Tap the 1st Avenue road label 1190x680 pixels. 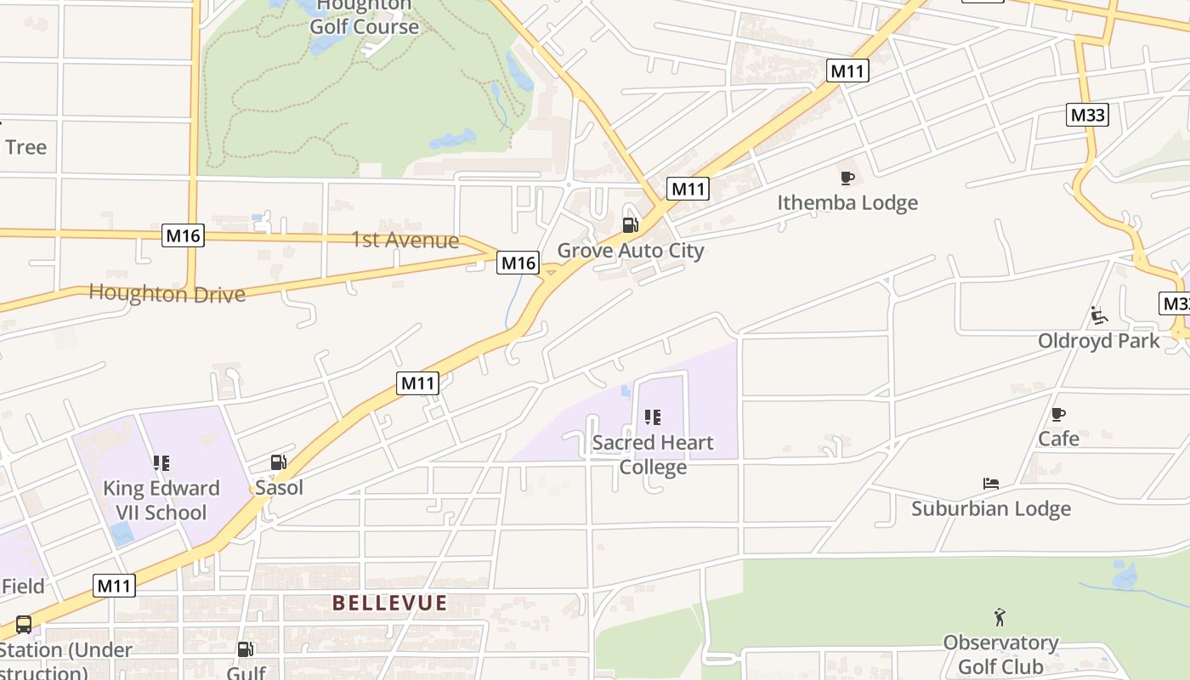pyautogui.click(x=405, y=241)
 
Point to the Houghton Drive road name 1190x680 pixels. pyautogui.click(x=167, y=294)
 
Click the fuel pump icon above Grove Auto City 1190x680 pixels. pyautogui.click(x=630, y=225)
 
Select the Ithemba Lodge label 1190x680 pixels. pyautogui.click(x=847, y=202)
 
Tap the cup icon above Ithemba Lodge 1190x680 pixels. pyautogui.click(x=847, y=178)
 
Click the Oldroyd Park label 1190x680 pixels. pyautogui.click(x=1098, y=341)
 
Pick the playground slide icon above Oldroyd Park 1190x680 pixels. pyautogui.click(x=1099, y=316)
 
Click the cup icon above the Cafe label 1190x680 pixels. pyautogui.click(x=1057, y=414)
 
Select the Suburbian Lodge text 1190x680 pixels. pyautogui.click(x=990, y=508)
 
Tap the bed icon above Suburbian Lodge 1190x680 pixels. pyautogui.click(x=990, y=484)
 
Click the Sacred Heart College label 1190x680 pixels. pyautogui.click(x=653, y=455)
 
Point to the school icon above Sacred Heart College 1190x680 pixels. pyautogui.click(x=652, y=417)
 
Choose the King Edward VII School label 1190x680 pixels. pyautogui.click(x=161, y=500)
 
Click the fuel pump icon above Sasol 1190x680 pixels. pyautogui.click(x=278, y=462)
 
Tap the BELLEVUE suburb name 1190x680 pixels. pyautogui.click(x=389, y=603)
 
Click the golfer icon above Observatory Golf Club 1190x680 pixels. pyautogui.click(x=1000, y=616)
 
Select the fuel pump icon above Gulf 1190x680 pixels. pyautogui.click(x=246, y=649)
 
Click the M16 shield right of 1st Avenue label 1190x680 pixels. pyautogui.click(x=518, y=263)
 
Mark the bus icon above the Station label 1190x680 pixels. pyautogui.click(x=24, y=625)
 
